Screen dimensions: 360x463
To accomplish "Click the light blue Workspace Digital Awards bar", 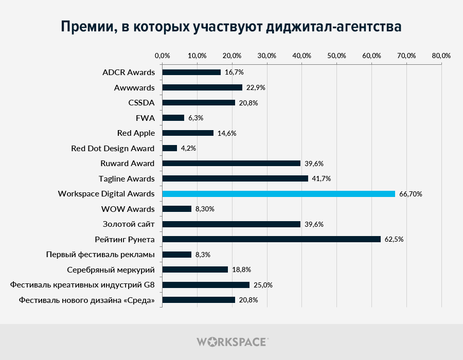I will pos(278,194).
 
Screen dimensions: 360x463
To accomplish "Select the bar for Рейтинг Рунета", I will pos(271,239).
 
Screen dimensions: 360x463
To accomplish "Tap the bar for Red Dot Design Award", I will pos(170,148).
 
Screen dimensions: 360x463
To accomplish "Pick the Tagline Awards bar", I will pos(235,178).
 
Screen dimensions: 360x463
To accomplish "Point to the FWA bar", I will pos(173,118).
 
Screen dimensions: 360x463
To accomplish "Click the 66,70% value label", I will pos(411,194).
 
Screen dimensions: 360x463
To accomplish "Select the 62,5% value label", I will pos(395,239).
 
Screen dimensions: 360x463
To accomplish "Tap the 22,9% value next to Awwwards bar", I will pos(256,87).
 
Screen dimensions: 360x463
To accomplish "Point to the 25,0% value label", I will pos(263,285).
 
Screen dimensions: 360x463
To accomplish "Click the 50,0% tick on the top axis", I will pos(336,56).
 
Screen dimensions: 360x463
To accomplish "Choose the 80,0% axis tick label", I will pos(441,56).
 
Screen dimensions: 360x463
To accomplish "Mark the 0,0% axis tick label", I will pos(162,56).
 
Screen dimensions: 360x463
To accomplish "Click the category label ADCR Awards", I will pos(129,72).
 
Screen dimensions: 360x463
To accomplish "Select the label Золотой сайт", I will pos(129,224).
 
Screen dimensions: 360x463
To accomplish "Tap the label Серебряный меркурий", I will pos(111,269).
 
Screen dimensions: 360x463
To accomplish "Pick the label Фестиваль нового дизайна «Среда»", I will pos(86,300).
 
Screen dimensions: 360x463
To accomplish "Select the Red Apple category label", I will pos(136,133).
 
